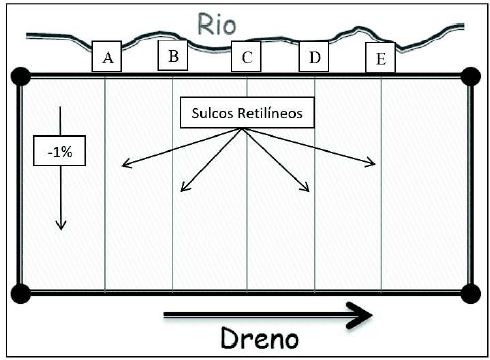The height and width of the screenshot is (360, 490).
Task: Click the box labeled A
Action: coord(107,58)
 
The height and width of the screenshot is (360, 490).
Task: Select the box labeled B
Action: coord(173,56)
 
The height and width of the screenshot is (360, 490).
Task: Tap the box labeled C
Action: coord(246,57)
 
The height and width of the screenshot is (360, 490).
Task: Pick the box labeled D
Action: coord(315,57)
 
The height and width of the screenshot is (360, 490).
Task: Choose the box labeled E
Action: coord(380,59)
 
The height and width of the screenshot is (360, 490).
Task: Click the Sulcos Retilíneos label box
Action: coord(247,113)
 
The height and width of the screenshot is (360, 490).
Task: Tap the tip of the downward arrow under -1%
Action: coord(60,227)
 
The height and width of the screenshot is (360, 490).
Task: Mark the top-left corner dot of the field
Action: coord(19,76)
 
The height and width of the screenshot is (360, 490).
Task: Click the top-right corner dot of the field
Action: coord(470,76)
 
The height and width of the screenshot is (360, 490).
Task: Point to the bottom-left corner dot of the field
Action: coord(19,292)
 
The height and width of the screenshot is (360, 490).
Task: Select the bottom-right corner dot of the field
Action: coord(470,292)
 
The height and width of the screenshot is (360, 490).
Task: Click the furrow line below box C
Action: coord(247,230)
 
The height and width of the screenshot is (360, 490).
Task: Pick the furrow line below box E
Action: coord(381,230)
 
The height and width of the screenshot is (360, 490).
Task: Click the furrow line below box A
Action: coord(106,230)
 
